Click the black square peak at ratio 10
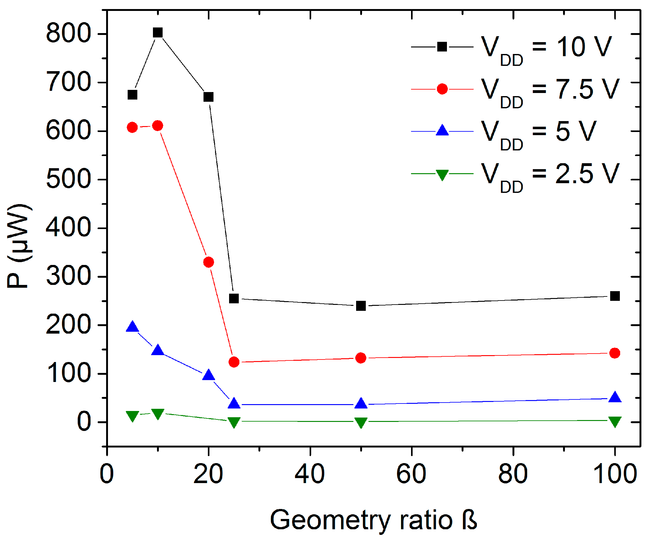coord(158,32)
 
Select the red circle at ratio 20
coord(208,262)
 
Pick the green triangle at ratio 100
coord(615,421)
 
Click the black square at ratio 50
coord(361,306)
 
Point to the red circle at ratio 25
coord(234,362)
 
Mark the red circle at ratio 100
coord(615,353)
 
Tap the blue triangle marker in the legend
coord(442,130)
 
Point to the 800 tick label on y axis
coord(68,34)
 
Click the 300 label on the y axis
coord(68,276)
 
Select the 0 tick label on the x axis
coord(107,474)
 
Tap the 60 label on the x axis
coord(411,474)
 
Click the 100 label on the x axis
coord(615,474)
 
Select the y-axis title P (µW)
coord(19,247)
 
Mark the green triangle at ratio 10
coord(158,414)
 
